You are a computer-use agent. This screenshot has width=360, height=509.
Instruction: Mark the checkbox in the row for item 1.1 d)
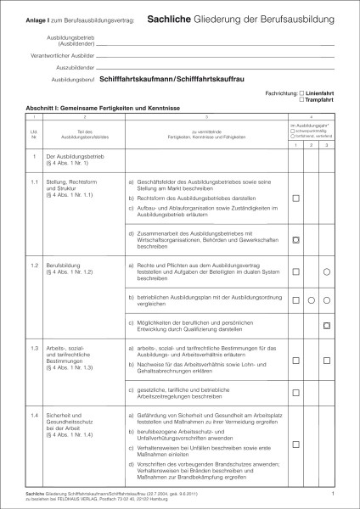[296, 240]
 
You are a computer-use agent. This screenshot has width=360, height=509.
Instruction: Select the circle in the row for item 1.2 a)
[326, 271]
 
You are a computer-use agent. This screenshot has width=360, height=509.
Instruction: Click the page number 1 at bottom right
[334, 491]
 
